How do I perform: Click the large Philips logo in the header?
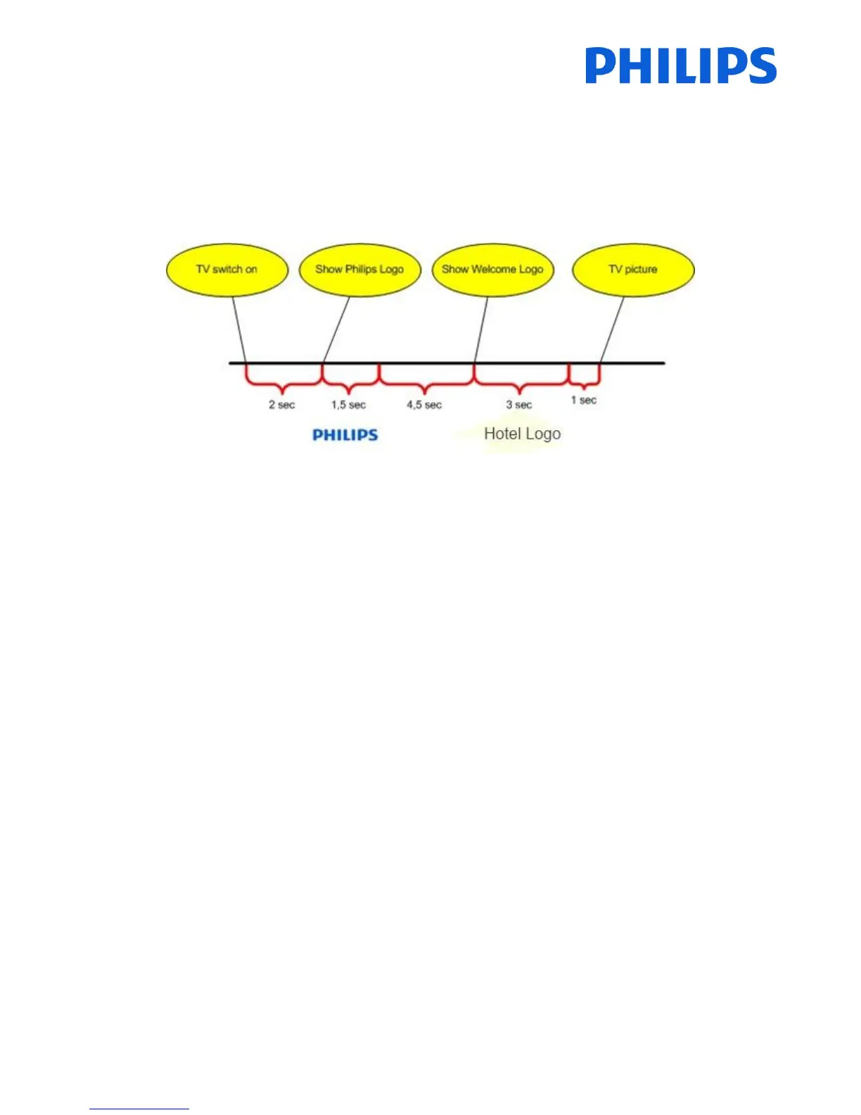point(680,66)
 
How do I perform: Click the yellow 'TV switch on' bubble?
point(227,270)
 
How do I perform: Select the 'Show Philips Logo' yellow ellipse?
point(359,270)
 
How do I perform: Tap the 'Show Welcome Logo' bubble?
point(492,270)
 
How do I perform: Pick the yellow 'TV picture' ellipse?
point(633,270)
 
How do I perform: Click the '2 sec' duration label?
point(281,405)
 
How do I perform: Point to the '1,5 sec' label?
point(349,405)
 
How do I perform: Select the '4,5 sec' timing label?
point(424,405)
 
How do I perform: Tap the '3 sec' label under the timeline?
point(519,405)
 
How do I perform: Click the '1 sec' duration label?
point(584,400)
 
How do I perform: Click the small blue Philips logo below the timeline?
point(345,435)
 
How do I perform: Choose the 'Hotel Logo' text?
point(522,434)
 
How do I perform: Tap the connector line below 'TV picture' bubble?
point(612,329)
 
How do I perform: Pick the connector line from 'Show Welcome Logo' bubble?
point(481,329)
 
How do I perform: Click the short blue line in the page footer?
point(139,1109)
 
